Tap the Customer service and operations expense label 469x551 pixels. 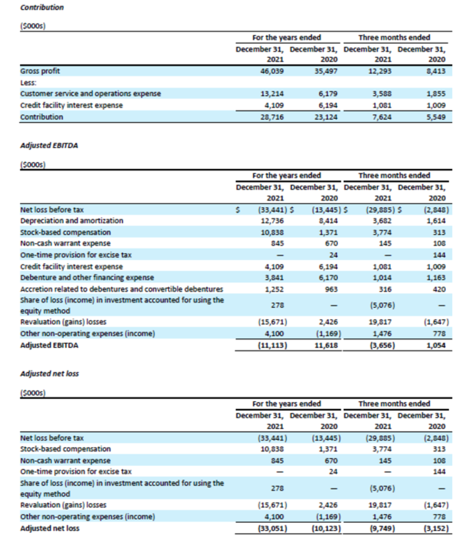point(91,93)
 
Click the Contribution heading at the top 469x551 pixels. point(43,8)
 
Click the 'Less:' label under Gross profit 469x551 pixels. point(28,82)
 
